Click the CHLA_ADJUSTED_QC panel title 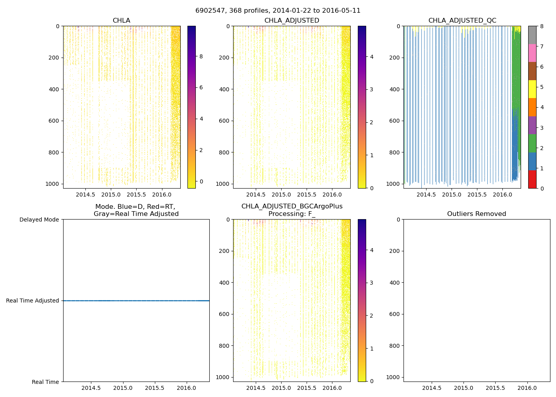(x=462, y=21)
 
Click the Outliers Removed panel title (x=477, y=214)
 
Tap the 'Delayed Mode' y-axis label (x=39, y=220)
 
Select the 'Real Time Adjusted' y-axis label (x=33, y=301)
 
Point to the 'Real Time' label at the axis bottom (x=45, y=382)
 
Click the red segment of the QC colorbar (x=532, y=179)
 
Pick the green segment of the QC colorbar (x=532, y=143)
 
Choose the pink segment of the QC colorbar (x=532, y=53)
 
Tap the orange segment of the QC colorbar (x=532, y=107)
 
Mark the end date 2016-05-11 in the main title (x=344, y=11)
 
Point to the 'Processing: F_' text (x=292, y=214)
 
